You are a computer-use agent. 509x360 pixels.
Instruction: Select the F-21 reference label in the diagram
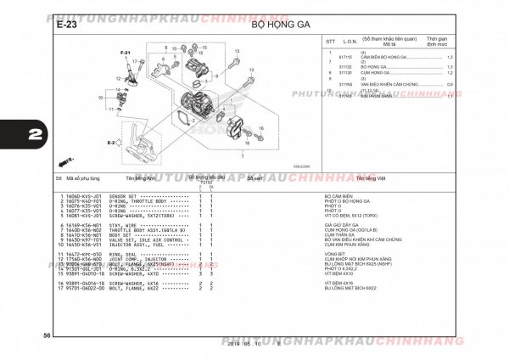125,53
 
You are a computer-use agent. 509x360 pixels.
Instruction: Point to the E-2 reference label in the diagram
110,143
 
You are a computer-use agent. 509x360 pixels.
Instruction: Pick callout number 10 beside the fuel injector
101,98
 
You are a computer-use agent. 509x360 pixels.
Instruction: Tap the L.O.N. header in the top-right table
350,41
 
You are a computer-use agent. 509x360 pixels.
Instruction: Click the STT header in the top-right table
329,41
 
